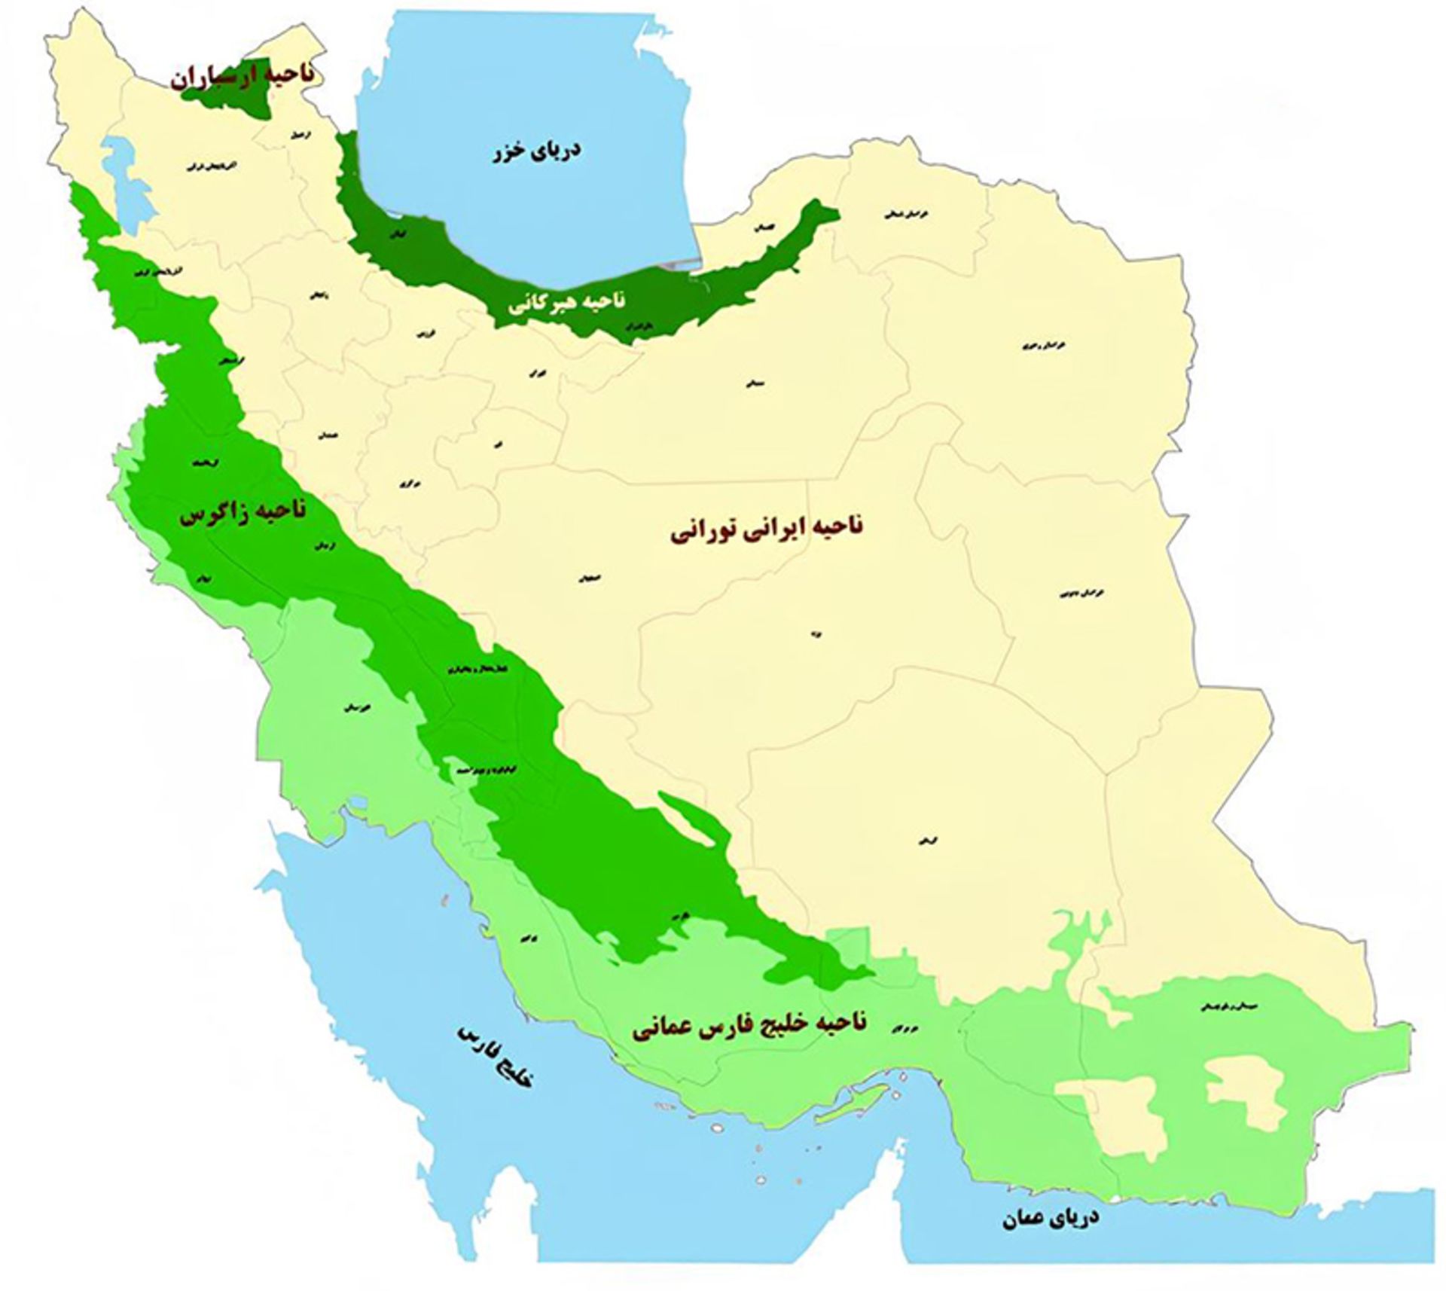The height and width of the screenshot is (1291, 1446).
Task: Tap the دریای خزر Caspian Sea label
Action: click(536, 151)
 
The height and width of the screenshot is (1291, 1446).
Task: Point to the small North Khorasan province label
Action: click(906, 214)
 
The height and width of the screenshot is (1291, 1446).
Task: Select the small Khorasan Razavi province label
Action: click(1034, 346)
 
